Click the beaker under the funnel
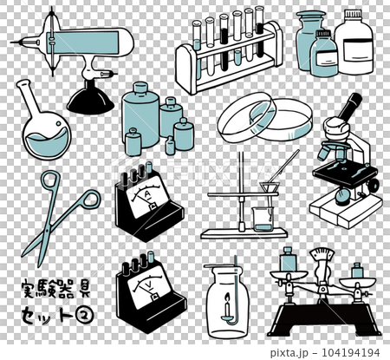click(x=263, y=217)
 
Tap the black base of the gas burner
click(x=89, y=101)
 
